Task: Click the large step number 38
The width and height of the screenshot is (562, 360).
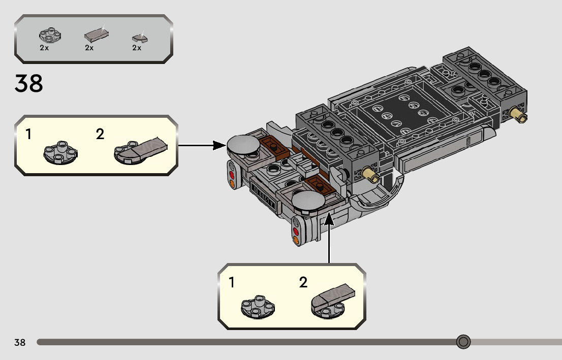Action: (x=28, y=83)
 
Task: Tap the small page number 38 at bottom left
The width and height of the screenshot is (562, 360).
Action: (x=20, y=342)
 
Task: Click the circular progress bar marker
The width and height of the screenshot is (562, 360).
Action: (x=463, y=342)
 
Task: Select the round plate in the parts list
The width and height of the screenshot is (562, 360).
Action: (x=50, y=35)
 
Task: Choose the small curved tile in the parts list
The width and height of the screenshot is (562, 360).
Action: (x=140, y=38)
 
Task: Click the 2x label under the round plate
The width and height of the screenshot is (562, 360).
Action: (x=44, y=48)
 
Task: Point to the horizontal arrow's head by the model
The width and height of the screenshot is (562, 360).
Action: (x=220, y=145)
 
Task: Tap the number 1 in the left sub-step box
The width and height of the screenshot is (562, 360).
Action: (x=28, y=135)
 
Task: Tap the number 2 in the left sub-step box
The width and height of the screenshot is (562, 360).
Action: (x=100, y=135)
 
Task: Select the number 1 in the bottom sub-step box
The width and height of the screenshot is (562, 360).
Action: (x=232, y=282)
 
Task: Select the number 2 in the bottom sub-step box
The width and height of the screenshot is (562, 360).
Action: (x=303, y=282)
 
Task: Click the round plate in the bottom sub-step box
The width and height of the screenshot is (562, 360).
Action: (x=258, y=307)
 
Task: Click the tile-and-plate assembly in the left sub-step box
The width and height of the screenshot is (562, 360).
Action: (x=140, y=151)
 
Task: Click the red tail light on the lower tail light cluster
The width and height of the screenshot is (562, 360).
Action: (x=296, y=232)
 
